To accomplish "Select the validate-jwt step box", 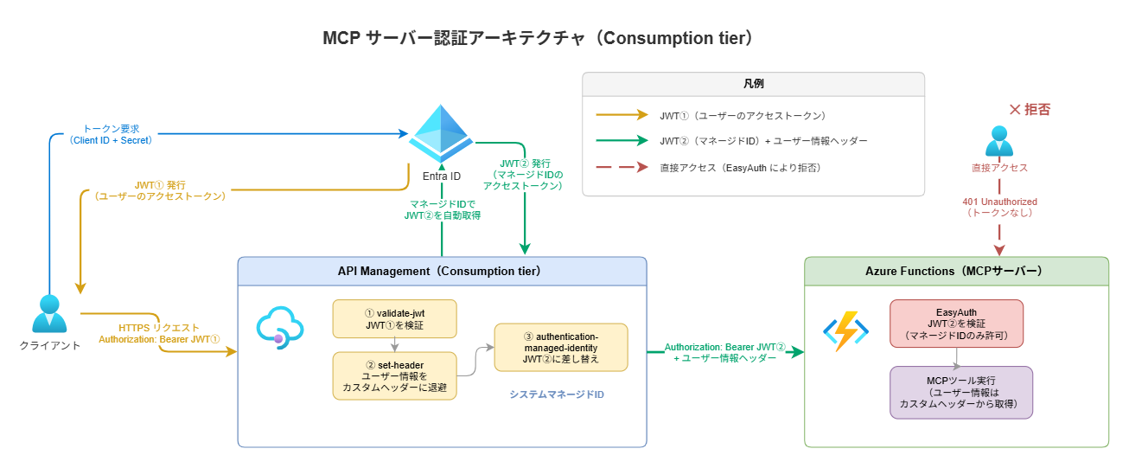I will [x=394, y=318].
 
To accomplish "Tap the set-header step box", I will [x=394, y=375].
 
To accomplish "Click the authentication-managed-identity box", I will [x=560, y=347].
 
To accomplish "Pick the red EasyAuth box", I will [x=956, y=324].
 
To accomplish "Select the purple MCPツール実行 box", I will [x=960, y=392].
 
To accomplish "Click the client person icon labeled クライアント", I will [x=49, y=314].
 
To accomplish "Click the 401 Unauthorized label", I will [x=999, y=206].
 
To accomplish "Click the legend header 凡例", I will [x=753, y=84].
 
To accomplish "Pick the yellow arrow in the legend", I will [x=621, y=115].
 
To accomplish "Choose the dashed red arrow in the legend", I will [x=621, y=167].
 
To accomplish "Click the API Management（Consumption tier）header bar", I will [x=442, y=271].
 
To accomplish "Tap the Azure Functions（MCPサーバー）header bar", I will [x=955, y=271].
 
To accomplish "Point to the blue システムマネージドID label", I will [x=557, y=394].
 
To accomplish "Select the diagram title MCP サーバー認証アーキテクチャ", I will [x=538, y=39].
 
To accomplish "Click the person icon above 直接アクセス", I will [x=999, y=142].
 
